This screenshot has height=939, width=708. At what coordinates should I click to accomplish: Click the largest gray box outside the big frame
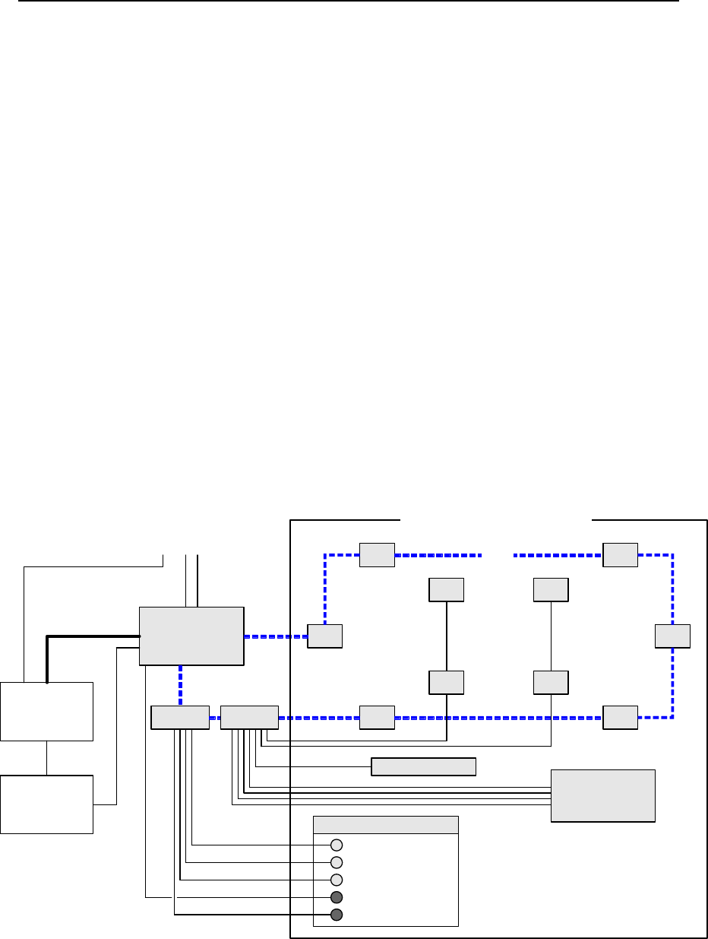(x=191, y=636)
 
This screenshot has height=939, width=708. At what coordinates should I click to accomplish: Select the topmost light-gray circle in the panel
(x=337, y=845)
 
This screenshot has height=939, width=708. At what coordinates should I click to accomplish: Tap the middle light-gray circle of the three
(x=337, y=862)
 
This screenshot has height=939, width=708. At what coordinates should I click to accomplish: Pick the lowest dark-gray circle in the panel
(x=337, y=915)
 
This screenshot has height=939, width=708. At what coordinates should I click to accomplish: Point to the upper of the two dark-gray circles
(x=337, y=897)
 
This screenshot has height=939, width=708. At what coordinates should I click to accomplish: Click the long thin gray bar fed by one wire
(x=423, y=766)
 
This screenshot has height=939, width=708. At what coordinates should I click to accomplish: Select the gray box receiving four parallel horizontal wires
(x=602, y=795)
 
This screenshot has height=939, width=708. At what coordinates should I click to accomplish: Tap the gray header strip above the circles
(x=386, y=825)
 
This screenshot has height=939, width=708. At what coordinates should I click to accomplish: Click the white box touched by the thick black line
(x=46, y=712)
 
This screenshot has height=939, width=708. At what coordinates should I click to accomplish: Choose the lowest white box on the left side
(x=46, y=804)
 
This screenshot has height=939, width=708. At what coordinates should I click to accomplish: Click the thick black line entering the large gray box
(x=91, y=636)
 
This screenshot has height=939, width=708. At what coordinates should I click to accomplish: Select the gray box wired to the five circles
(x=180, y=718)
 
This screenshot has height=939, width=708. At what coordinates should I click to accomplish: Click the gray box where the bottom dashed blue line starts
(x=249, y=718)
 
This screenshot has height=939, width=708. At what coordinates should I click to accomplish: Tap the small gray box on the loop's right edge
(x=672, y=636)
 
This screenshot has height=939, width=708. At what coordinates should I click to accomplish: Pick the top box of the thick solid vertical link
(x=446, y=590)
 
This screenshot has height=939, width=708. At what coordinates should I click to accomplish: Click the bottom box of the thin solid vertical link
(x=551, y=683)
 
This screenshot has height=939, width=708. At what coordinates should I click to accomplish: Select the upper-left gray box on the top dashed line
(x=377, y=555)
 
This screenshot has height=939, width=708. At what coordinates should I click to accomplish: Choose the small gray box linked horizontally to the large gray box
(x=324, y=636)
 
